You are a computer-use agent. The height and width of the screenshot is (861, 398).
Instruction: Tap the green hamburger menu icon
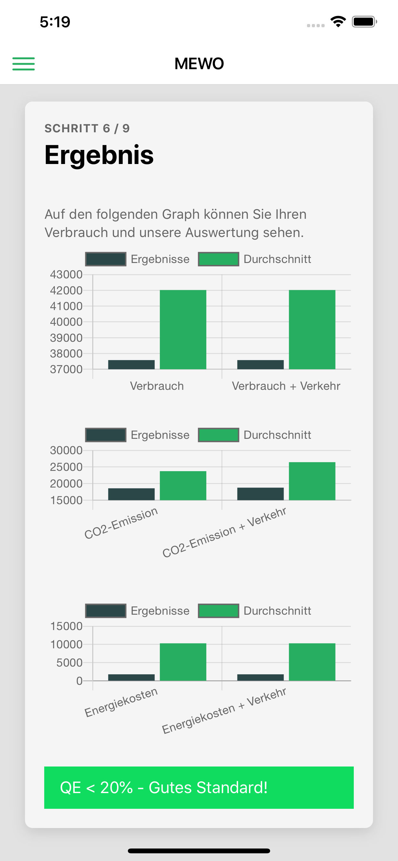(23, 63)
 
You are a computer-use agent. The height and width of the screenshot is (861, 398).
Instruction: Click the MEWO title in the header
(199, 63)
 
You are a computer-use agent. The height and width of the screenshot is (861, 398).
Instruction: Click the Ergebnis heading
(99, 155)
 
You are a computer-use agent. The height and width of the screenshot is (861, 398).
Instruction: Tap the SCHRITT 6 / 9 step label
(87, 128)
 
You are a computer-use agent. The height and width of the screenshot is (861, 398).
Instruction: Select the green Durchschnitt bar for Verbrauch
(183, 330)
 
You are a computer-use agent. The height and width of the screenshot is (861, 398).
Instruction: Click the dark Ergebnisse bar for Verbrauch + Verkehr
(260, 365)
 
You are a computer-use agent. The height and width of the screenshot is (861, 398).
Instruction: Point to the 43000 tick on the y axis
(66, 275)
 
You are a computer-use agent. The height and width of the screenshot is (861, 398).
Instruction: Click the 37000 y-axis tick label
(66, 369)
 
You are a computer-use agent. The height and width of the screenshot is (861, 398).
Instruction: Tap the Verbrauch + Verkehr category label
(286, 386)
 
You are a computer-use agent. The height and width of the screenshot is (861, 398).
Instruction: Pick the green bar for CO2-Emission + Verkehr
(312, 481)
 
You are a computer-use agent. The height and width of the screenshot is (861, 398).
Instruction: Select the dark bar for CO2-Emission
(131, 494)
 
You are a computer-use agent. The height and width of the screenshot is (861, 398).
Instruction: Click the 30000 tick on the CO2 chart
(66, 451)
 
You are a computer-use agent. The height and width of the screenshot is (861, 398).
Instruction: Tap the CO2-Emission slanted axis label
(121, 523)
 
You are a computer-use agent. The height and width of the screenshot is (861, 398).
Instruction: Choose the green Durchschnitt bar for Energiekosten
(183, 662)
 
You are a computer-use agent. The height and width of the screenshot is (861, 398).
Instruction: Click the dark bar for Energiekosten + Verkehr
(260, 677)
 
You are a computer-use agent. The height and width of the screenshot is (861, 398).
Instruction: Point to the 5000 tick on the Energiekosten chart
(69, 662)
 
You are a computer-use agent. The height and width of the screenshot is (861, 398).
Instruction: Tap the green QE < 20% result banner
(199, 787)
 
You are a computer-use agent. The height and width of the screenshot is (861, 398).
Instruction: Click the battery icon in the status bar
(364, 22)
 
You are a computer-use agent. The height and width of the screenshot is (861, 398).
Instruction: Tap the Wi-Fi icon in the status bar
(338, 22)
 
